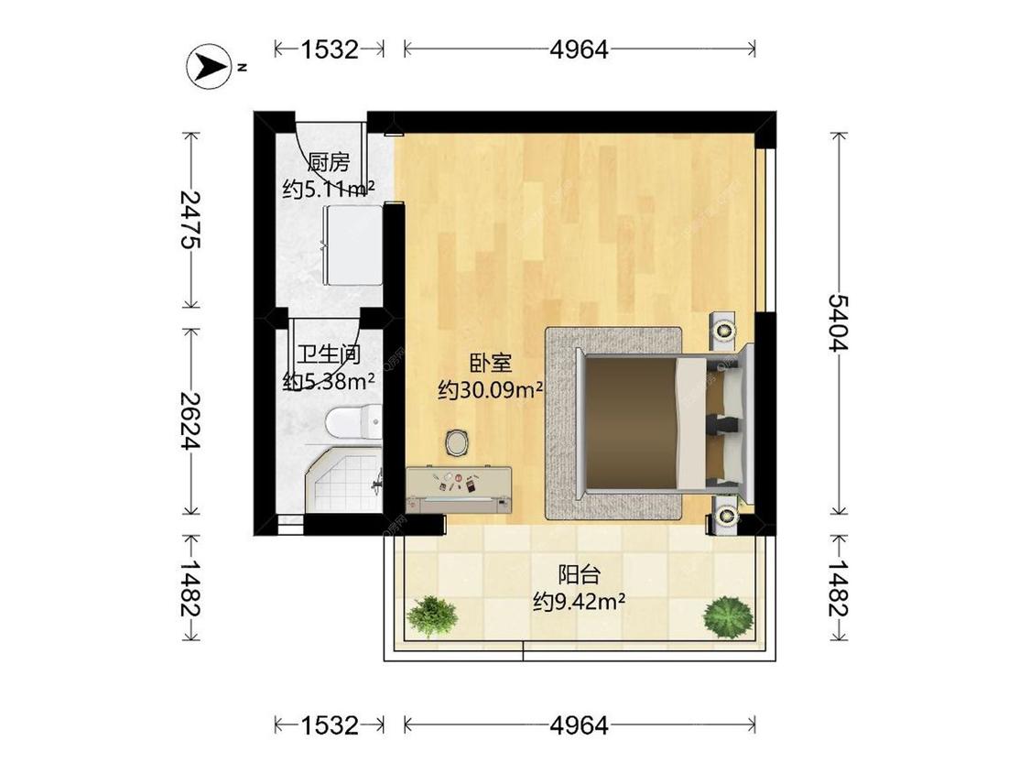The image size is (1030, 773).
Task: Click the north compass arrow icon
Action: pyautogui.click(x=210, y=66)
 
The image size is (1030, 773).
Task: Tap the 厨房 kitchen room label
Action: pyautogui.click(x=328, y=163)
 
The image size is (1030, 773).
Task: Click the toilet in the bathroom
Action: pyautogui.click(x=352, y=421)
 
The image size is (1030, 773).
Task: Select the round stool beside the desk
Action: pyautogui.click(x=458, y=442)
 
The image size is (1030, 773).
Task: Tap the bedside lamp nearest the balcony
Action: pyautogui.click(x=727, y=517)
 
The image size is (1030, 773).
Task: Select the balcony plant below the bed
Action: pyautogui.click(x=728, y=616)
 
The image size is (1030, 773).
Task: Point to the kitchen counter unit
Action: pyautogui.click(x=352, y=245)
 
